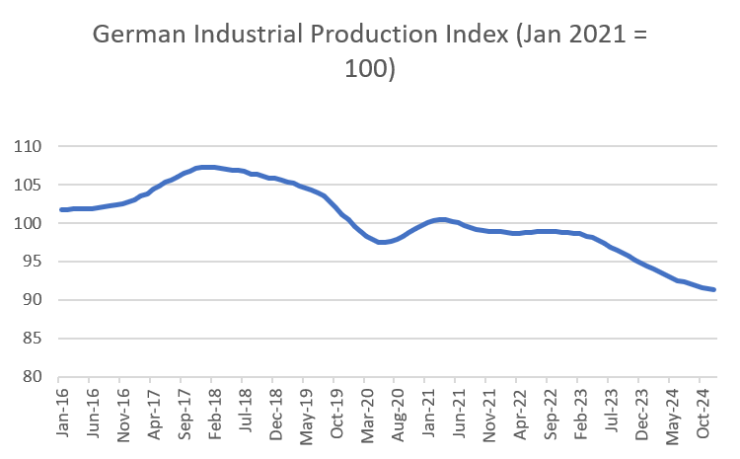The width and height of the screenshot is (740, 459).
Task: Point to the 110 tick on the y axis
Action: click(32, 147)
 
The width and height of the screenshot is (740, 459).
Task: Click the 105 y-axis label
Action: click(32, 185)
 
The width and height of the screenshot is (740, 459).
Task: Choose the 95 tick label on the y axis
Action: click(35, 262)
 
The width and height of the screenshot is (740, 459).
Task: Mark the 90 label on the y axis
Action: click(35, 300)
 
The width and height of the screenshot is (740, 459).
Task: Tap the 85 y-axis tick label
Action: click(35, 339)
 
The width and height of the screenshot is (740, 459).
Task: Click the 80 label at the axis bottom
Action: click(35, 377)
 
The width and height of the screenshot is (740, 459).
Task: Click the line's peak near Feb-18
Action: click(203, 167)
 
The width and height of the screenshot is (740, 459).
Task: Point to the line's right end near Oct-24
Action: click(713, 289)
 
